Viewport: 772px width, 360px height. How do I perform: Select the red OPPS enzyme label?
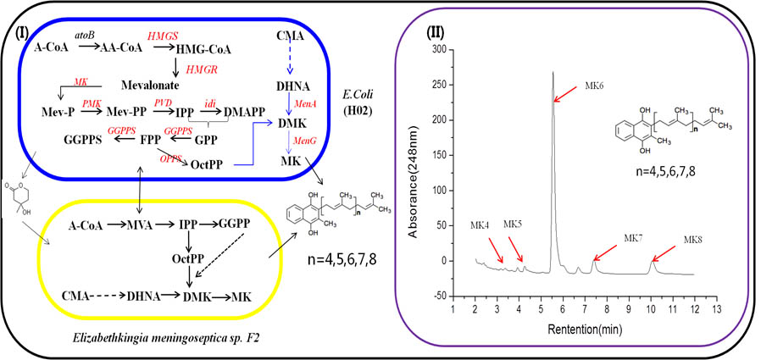(x=170, y=158)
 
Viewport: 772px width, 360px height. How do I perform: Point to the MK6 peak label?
(x=595, y=86)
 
